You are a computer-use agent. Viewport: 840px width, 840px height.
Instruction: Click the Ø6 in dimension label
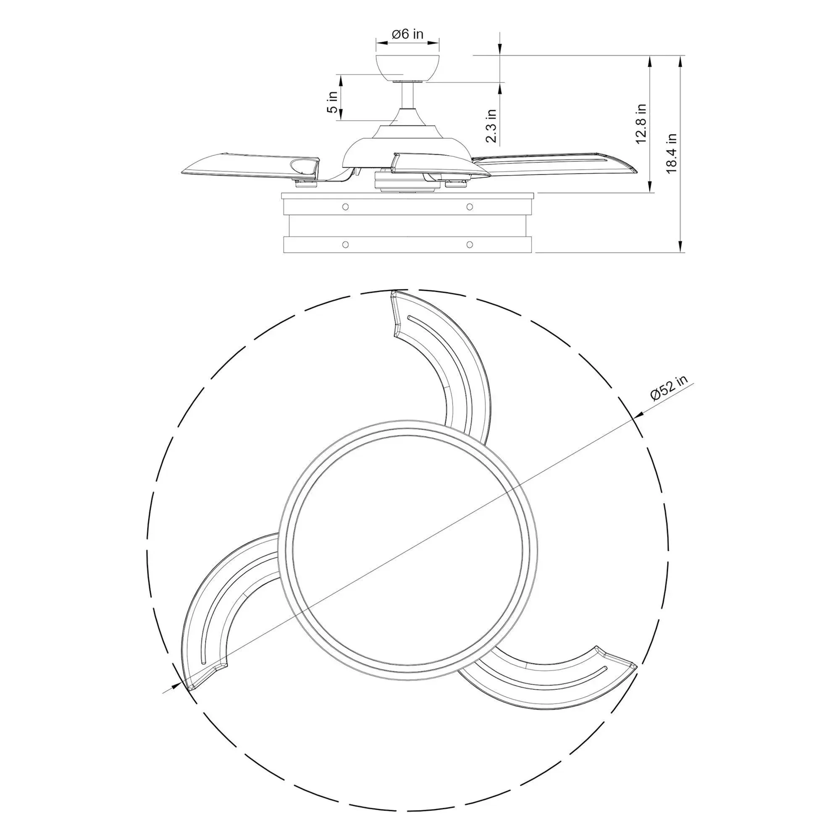coord(407,34)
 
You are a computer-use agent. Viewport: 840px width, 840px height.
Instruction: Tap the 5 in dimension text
coord(333,102)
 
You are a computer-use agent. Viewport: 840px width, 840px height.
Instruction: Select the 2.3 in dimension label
coord(491,126)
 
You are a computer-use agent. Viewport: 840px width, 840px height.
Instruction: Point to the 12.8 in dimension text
coord(641,123)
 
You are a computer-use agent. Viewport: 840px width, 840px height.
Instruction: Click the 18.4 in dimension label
coord(672,153)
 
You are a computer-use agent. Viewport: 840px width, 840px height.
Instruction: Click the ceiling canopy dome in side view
coord(407,68)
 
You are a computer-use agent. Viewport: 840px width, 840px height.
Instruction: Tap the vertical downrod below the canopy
coord(407,95)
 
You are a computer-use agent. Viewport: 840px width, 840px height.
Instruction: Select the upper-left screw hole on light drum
coord(345,206)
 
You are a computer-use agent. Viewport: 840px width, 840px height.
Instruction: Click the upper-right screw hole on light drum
coord(469,206)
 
